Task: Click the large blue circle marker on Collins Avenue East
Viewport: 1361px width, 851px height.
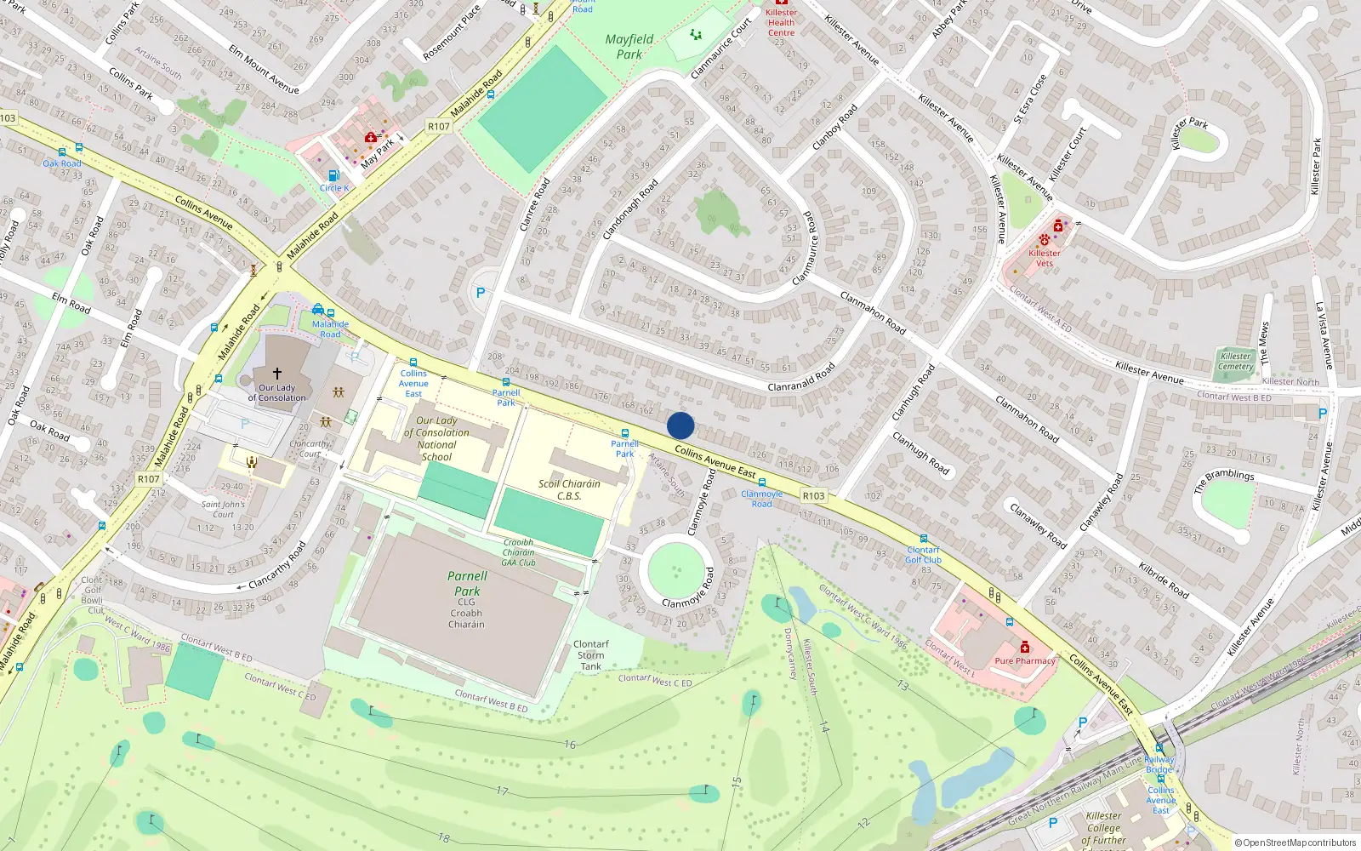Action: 680,425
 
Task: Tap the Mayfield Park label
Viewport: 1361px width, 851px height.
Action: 629,47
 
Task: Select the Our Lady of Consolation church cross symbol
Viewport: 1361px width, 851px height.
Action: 276,373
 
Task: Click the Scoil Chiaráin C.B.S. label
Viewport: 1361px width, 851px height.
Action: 569,489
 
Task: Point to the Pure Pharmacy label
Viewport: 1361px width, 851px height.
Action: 1025,660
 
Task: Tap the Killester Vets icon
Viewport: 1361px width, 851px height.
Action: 1045,240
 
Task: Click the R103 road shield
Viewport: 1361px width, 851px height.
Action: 813,495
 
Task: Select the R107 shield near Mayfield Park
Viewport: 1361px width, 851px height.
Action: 438,126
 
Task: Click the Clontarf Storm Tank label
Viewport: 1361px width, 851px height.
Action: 590,655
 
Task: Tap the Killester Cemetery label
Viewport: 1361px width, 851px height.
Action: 1235,362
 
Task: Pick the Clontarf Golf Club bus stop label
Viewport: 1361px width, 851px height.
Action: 923,555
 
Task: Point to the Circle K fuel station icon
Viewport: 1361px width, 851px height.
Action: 333,176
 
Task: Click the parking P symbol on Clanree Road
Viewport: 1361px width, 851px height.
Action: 481,293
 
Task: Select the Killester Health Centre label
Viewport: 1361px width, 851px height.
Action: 781,22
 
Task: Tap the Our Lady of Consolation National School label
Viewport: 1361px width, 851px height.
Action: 436,438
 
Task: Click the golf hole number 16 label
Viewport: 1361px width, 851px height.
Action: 569,745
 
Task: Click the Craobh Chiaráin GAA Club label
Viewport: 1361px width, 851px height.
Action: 518,552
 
